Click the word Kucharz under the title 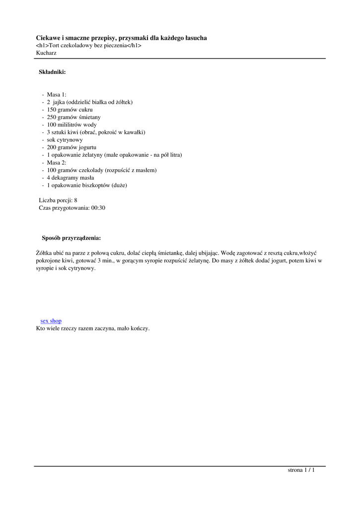[46, 53]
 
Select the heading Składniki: [52, 72]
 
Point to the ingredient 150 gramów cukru [70, 110]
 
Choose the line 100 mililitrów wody [72, 125]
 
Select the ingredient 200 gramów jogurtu [72, 147]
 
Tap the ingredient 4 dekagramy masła [71, 178]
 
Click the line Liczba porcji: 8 [58, 200]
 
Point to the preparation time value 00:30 [98, 208]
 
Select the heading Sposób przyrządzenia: [71, 238]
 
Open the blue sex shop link [51, 321]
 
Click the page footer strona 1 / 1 [301, 470]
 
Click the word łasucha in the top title [195, 38]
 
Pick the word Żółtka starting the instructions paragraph [46, 253]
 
